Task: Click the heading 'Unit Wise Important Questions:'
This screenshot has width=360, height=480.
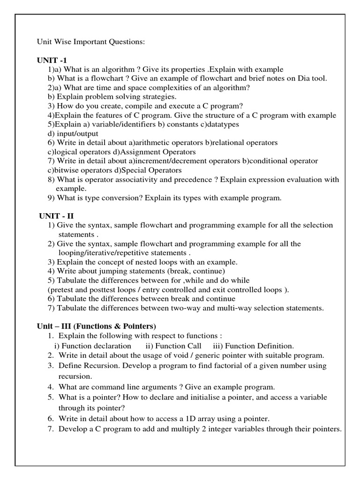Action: tap(91, 42)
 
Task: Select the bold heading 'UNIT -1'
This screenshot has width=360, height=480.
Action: tap(52, 60)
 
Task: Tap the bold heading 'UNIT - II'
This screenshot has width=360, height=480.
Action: tap(57, 216)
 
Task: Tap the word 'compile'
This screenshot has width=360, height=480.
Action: tap(146, 106)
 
